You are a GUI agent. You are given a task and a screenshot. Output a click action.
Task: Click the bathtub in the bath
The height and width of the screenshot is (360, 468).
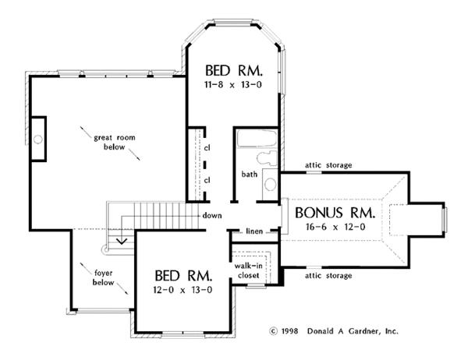(x=257, y=139)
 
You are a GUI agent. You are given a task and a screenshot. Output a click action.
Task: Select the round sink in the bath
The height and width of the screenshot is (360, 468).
(x=271, y=184)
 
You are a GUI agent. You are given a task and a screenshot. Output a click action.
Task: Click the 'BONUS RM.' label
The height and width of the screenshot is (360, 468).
(x=335, y=213)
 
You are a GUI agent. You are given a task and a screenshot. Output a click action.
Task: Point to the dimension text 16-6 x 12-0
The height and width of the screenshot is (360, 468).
(x=335, y=227)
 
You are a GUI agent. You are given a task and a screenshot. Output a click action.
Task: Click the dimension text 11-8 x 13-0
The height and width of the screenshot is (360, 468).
(x=232, y=85)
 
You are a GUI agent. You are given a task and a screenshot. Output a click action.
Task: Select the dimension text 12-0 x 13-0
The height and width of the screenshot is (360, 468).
(x=183, y=290)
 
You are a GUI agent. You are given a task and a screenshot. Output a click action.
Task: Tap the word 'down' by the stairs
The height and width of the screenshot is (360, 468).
(x=212, y=215)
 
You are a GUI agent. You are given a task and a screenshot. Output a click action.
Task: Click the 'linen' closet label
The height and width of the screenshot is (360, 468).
(x=254, y=231)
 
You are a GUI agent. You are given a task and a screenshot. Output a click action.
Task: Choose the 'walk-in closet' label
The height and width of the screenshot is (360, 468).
(x=248, y=270)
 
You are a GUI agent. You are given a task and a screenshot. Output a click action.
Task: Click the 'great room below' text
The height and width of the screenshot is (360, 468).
(x=115, y=143)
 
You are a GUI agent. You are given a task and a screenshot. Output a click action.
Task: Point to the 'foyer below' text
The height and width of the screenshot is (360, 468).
(x=103, y=277)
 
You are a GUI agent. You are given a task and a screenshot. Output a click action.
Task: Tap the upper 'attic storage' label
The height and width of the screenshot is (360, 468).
(x=328, y=165)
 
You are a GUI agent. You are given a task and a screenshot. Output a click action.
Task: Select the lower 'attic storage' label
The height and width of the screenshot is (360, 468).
(x=328, y=276)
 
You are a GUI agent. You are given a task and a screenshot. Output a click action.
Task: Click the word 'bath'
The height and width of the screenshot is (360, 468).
(x=250, y=174)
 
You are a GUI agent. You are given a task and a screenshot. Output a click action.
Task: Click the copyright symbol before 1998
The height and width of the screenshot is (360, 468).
(x=274, y=331)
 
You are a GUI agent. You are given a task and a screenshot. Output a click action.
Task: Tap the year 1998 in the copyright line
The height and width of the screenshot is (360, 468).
(x=289, y=331)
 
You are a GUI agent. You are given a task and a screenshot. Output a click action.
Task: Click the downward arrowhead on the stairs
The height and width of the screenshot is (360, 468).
(x=122, y=241)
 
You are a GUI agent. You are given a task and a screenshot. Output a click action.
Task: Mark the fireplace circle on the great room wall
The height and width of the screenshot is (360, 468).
(x=38, y=139)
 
